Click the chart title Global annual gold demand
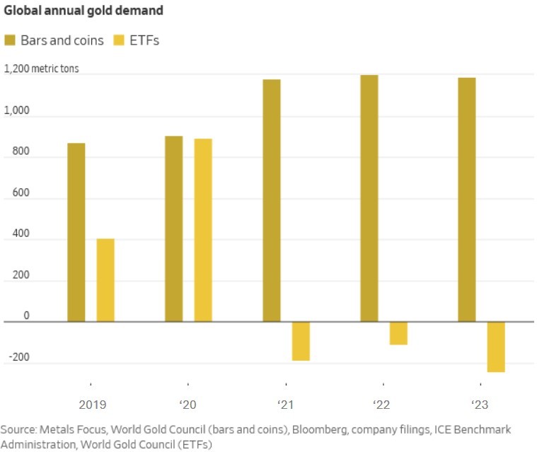click(x=83, y=11)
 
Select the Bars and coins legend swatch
click(x=11, y=40)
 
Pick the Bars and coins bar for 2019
click(x=76, y=233)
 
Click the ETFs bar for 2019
click(x=105, y=280)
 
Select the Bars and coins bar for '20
click(x=174, y=229)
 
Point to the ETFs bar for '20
click(x=203, y=231)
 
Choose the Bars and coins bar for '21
click(x=272, y=201)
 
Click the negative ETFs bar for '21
click(x=301, y=341)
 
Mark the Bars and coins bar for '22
click(x=369, y=199)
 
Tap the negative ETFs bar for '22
click(x=398, y=333)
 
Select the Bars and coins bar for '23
click(x=467, y=200)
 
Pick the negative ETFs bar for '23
click(x=496, y=347)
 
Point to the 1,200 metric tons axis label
click(x=42, y=69)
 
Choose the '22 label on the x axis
click(x=382, y=405)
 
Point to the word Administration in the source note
click(x=37, y=445)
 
